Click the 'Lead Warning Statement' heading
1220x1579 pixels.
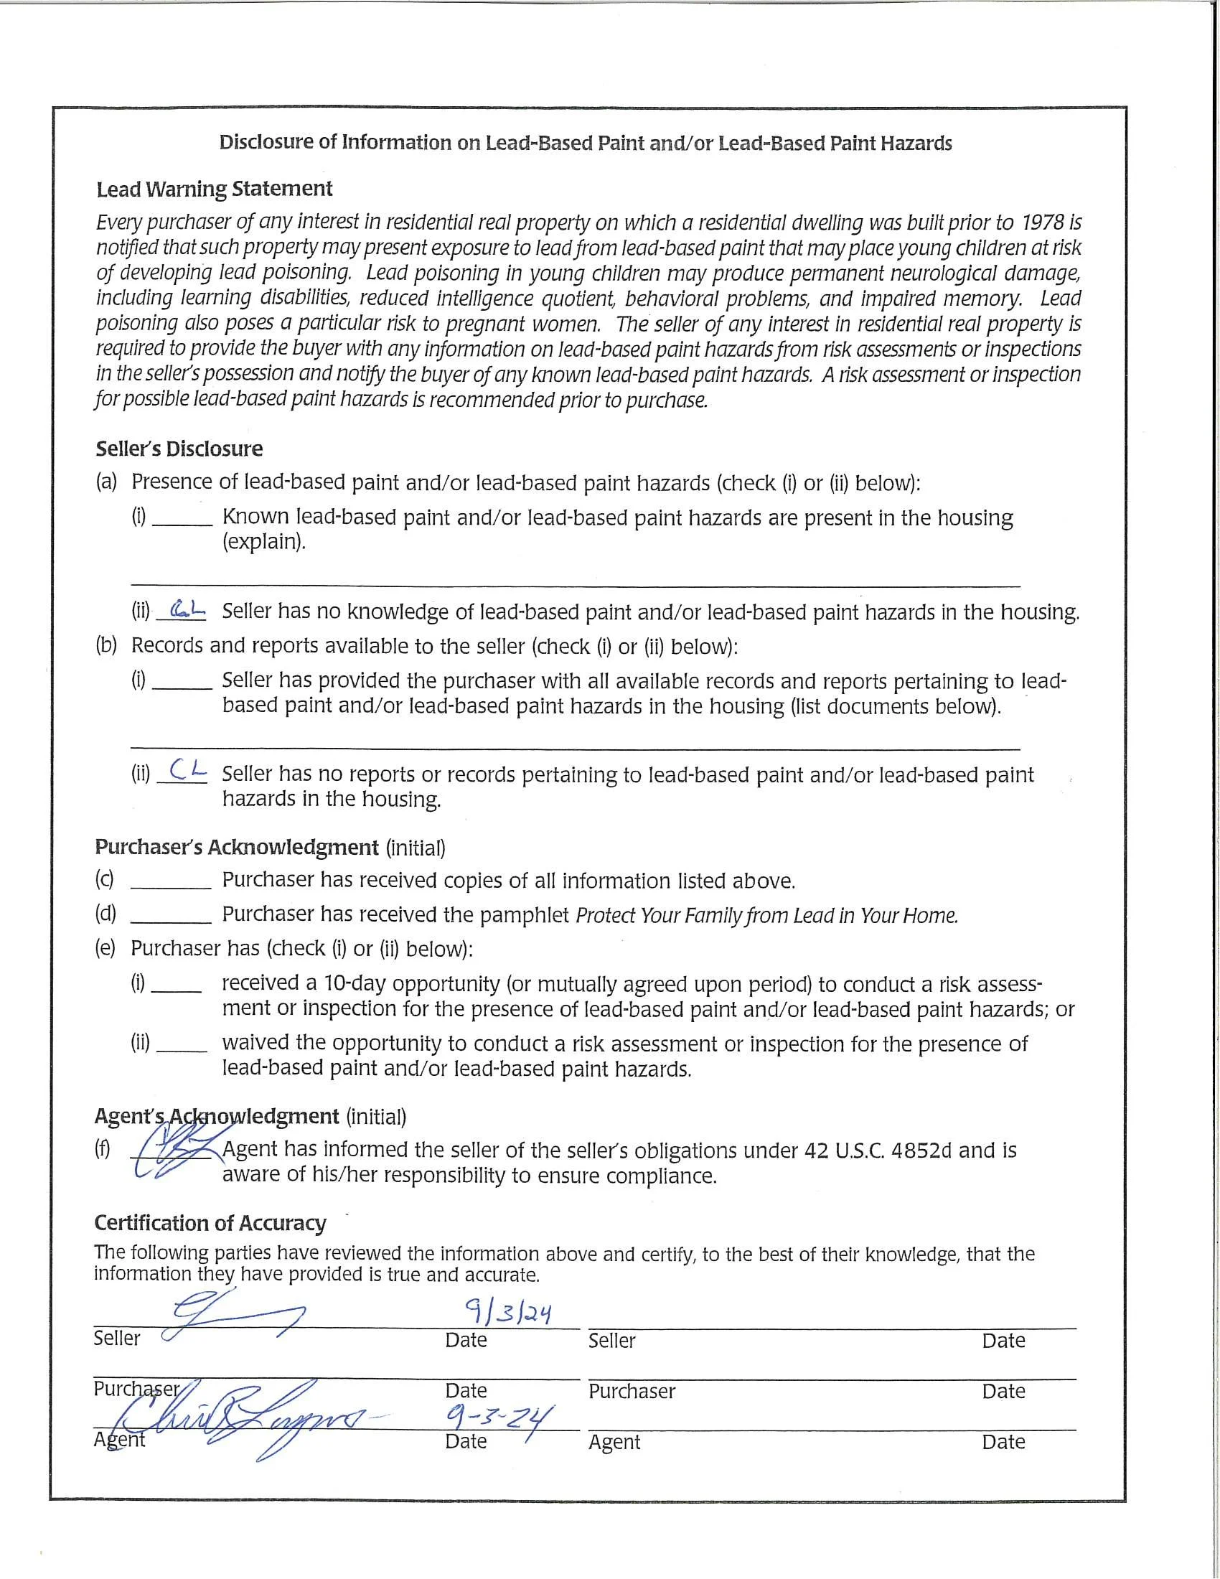(214, 189)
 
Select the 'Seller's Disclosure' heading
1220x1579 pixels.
(179, 449)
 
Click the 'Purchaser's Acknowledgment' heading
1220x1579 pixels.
(236, 848)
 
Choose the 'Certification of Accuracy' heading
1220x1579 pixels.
(210, 1222)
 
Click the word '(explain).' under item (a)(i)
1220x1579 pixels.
(264, 541)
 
